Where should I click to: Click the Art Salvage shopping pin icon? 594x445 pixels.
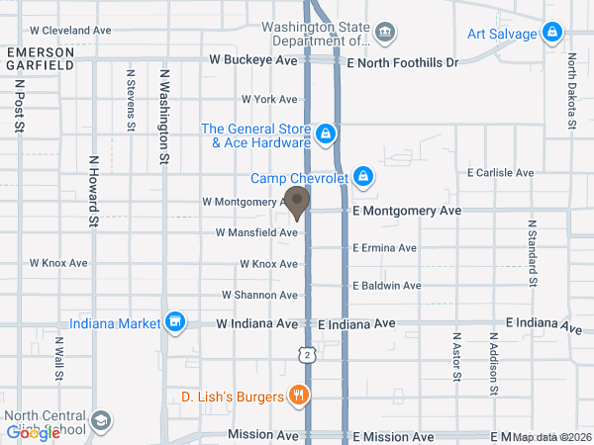(x=552, y=35)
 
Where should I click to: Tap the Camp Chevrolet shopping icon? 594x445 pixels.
(x=363, y=177)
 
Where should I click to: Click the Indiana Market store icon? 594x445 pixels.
(x=175, y=322)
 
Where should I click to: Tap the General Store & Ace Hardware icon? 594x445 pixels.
(x=325, y=133)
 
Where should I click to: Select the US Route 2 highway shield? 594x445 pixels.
(x=308, y=354)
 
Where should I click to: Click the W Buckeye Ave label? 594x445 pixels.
(x=253, y=61)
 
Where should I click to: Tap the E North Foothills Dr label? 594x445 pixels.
(x=404, y=61)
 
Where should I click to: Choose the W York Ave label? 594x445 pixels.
(x=269, y=100)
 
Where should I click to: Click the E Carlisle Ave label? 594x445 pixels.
(x=502, y=172)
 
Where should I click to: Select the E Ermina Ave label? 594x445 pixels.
(x=387, y=247)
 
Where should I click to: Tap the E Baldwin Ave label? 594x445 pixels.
(x=387, y=286)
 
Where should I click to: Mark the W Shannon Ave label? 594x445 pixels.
(x=259, y=295)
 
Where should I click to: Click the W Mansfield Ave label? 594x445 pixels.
(x=257, y=233)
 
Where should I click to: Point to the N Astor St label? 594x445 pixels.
(x=457, y=357)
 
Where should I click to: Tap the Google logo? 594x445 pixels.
(x=34, y=433)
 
